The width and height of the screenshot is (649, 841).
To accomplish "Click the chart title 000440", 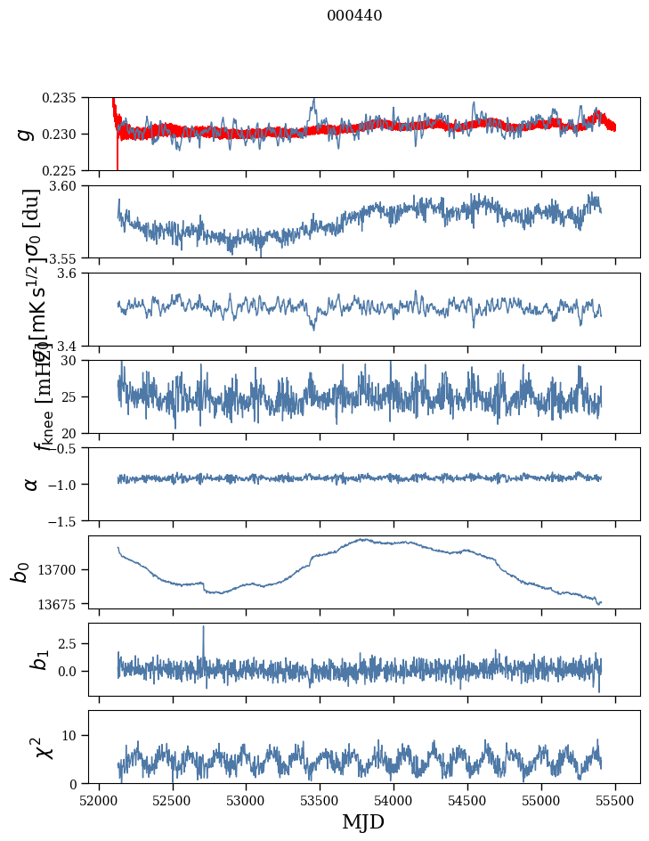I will (354, 16).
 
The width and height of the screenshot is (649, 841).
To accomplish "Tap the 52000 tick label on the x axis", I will (99, 799).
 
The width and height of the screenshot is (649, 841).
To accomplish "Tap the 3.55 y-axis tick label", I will (69, 257).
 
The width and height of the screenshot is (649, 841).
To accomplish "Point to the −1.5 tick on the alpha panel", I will (67, 520).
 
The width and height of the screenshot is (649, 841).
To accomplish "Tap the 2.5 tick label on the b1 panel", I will (72, 643).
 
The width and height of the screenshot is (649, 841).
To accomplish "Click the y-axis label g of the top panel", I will (26, 134).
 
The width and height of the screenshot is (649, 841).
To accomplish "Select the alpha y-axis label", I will (31, 483).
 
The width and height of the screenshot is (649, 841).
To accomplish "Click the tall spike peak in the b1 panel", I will (203, 626).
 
